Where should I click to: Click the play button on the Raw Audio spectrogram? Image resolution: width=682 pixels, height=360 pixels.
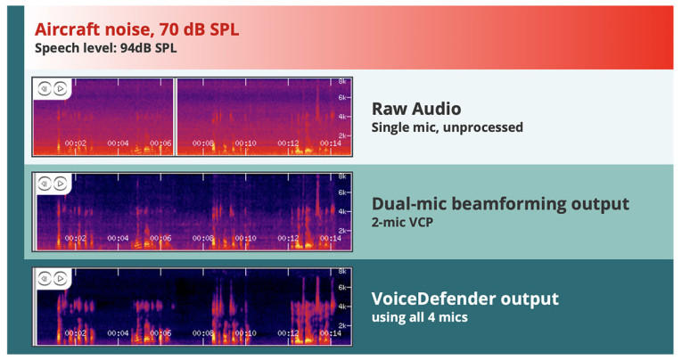click(60, 88)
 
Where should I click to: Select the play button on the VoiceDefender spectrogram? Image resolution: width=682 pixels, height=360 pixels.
click(60, 279)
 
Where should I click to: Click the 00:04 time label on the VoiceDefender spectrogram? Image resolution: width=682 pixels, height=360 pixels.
click(118, 334)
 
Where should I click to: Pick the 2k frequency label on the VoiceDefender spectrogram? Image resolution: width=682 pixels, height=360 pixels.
click(341, 326)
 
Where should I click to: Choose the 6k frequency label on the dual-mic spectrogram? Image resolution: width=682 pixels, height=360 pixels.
click(341, 192)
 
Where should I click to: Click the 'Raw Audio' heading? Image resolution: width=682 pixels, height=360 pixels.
click(416, 109)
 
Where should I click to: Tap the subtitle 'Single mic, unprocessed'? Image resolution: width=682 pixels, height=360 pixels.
click(447, 127)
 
